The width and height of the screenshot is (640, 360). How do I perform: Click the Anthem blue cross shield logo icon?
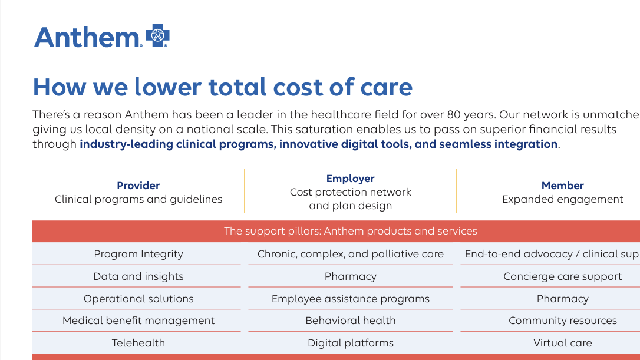click(x=157, y=35)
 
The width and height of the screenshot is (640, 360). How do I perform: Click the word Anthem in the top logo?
click(x=86, y=37)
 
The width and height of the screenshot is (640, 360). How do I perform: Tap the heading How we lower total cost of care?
click(x=222, y=87)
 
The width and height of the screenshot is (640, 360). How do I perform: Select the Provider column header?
click(x=138, y=186)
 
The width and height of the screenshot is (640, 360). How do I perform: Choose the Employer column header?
click(x=351, y=179)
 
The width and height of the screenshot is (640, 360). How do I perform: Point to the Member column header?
click(x=563, y=186)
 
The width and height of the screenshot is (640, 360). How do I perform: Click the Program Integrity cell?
click(x=138, y=254)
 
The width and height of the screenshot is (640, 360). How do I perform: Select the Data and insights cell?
click(x=138, y=276)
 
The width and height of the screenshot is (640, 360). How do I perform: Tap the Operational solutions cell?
click(x=138, y=299)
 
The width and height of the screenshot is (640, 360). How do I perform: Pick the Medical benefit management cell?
click(x=138, y=321)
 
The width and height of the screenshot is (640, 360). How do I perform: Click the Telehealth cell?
click(x=138, y=343)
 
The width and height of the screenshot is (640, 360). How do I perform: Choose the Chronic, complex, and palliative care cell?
click(x=351, y=254)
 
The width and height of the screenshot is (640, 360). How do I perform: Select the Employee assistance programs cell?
click(x=351, y=299)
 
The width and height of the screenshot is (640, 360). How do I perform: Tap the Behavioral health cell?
click(x=351, y=321)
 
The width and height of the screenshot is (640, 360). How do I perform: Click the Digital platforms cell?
click(x=351, y=343)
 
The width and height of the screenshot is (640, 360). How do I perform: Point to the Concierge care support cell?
click(x=563, y=276)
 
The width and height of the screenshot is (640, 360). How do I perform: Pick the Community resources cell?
click(x=563, y=321)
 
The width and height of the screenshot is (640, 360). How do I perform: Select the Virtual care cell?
click(x=563, y=343)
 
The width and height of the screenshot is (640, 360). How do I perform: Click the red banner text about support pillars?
click(x=351, y=231)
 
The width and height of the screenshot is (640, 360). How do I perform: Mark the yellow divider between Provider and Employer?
click(x=245, y=191)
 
